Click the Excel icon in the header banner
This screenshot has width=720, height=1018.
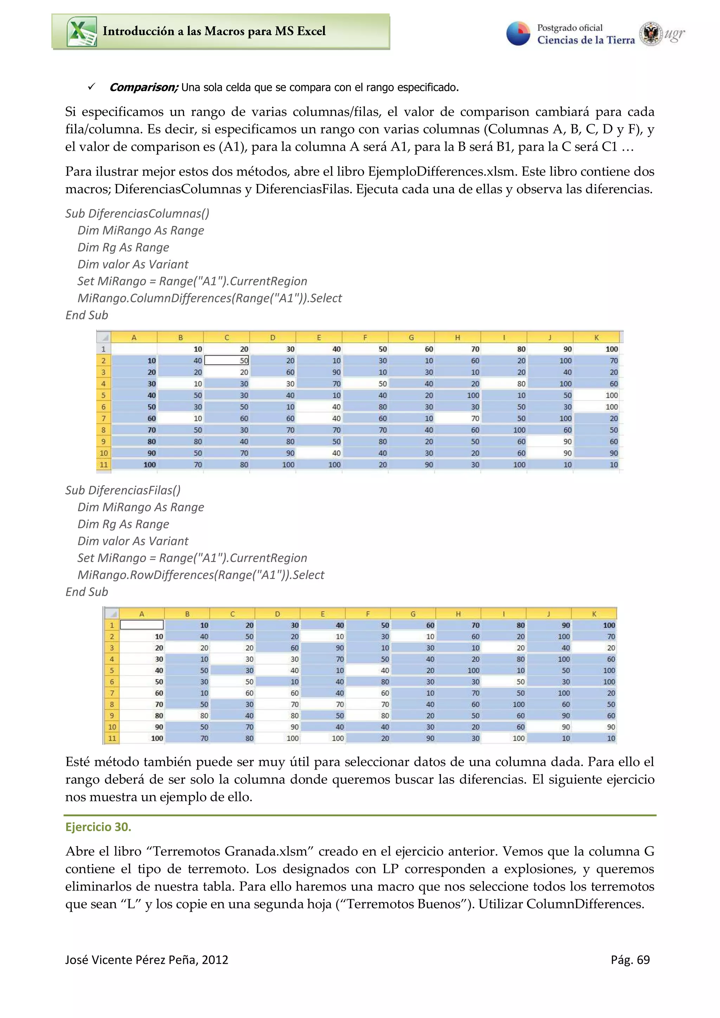pyautogui.click(x=82, y=32)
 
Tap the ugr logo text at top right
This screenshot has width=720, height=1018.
pyautogui.click(x=674, y=34)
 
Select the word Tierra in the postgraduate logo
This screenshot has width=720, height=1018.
pyautogui.click(x=620, y=40)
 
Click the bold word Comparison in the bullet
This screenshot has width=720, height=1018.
pyautogui.click(x=143, y=87)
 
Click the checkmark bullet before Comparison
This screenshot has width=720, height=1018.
pyautogui.click(x=91, y=86)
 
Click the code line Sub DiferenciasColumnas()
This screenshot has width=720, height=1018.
pyautogui.click(x=137, y=214)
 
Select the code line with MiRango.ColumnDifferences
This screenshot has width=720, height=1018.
pyautogui.click(x=210, y=298)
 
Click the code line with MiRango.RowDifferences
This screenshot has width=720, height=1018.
pyautogui.click(x=200, y=575)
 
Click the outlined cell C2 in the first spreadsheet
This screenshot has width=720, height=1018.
pyautogui.click(x=226, y=360)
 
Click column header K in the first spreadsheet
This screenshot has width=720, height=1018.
pyautogui.click(x=596, y=338)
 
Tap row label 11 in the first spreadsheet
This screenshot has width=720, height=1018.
pyautogui.click(x=103, y=465)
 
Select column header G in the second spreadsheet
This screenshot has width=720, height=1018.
pyautogui.click(x=413, y=614)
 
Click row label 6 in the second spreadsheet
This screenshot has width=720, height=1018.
pyautogui.click(x=112, y=682)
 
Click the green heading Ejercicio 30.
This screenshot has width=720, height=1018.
pyautogui.click(x=98, y=827)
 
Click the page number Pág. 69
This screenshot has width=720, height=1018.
pyautogui.click(x=630, y=960)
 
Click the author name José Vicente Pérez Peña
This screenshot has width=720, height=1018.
pyautogui.click(x=130, y=960)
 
